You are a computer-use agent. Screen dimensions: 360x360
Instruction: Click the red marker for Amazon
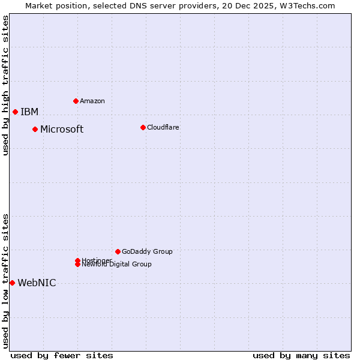point(76,101)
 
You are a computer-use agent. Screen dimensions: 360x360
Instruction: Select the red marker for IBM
point(15,112)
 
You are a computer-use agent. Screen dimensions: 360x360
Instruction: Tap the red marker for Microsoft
point(35,129)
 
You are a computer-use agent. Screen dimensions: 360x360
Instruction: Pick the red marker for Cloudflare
point(143,127)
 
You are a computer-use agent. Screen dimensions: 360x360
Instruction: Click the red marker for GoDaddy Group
point(118,251)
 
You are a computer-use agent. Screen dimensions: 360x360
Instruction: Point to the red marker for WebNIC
point(12,283)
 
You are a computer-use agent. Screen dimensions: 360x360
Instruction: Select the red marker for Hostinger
point(77,260)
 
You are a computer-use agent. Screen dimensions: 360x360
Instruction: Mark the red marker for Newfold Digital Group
point(78,265)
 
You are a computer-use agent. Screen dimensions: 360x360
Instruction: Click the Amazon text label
point(92,101)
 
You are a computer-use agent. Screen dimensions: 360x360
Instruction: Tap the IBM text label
point(29,112)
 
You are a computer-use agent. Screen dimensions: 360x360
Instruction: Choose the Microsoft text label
point(62,130)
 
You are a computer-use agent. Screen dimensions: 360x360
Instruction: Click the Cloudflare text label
point(163,127)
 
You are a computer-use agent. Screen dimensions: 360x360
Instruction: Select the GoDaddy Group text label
point(147,251)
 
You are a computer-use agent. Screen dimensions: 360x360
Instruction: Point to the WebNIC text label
point(37,283)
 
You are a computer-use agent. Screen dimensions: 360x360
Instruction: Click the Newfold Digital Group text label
point(117,265)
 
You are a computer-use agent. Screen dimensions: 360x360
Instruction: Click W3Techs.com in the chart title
point(305,5)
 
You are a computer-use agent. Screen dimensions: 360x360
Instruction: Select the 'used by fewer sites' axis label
point(62,355)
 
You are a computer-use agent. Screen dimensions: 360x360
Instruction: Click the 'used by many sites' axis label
point(301,355)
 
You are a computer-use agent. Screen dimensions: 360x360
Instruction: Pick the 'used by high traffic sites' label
point(5,85)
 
